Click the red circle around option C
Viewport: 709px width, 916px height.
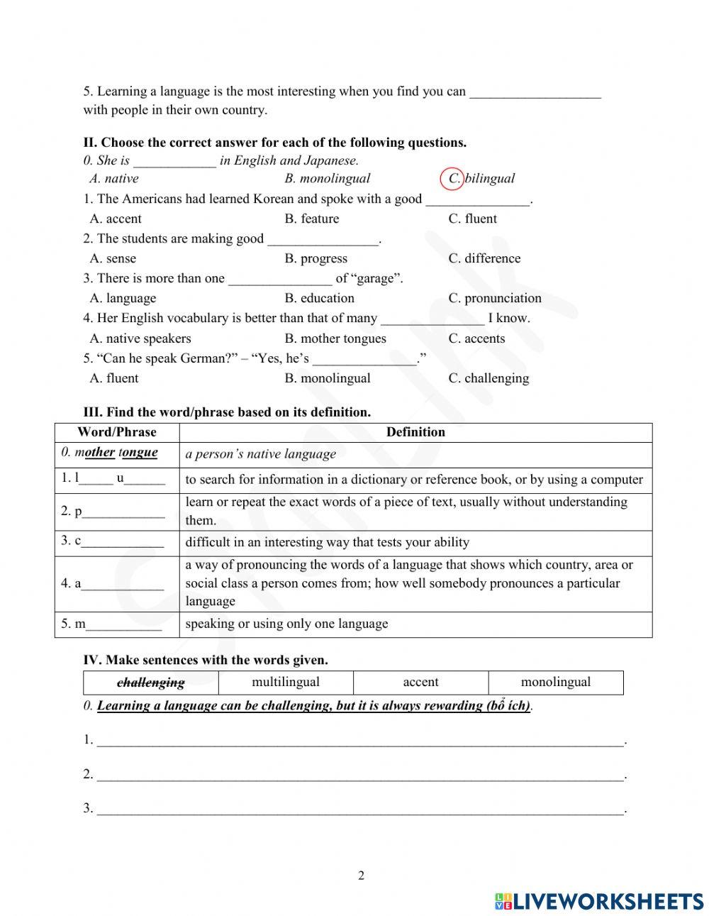click(x=452, y=179)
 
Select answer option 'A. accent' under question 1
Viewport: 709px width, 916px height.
click(x=116, y=219)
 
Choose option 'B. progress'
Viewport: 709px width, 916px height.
click(x=316, y=258)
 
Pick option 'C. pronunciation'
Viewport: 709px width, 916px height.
click(x=494, y=298)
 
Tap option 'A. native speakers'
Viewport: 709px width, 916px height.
click(x=140, y=338)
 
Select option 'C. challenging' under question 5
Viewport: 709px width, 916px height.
click(x=489, y=378)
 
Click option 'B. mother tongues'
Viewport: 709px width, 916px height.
click(x=335, y=338)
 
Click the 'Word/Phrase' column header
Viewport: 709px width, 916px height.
click(x=117, y=432)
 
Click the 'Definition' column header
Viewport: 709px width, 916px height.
click(x=415, y=432)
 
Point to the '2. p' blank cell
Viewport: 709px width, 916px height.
click(x=117, y=511)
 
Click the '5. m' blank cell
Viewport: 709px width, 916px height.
click(x=117, y=624)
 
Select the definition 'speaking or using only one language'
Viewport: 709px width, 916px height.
click(x=287, y=624)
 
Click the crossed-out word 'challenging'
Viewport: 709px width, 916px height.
click(x=150, y=683)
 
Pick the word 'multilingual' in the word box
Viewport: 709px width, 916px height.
click(x=286, y=682)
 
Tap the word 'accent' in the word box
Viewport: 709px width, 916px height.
click(x=420, y=682)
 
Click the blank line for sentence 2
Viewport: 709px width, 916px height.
click(x=360, y=774)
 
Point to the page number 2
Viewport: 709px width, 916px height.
click(x=361, y=876)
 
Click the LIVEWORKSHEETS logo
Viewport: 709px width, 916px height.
click(x=598, y=901)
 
